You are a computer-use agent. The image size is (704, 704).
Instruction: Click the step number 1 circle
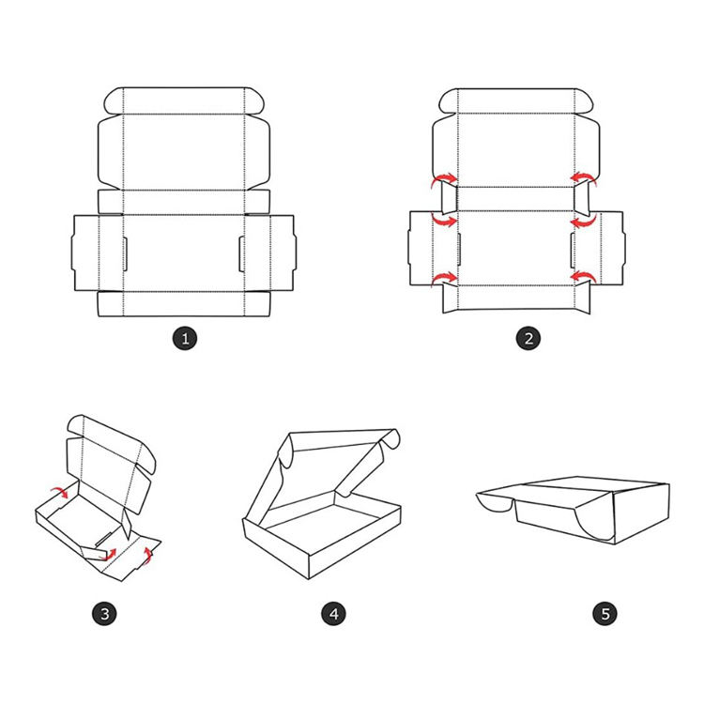185,338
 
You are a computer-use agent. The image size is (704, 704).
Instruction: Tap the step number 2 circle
528,338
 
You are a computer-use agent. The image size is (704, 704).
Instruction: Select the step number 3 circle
104,613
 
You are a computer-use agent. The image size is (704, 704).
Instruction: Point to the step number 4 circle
333,613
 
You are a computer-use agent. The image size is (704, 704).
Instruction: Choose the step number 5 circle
605,613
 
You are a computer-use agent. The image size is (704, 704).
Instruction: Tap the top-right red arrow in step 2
584,178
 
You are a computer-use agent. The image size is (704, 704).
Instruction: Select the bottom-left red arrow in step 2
443,279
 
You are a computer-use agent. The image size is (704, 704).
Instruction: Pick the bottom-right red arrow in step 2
584,278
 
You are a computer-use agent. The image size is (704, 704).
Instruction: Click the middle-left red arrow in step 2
444,221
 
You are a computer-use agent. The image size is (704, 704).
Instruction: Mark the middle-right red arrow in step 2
584,221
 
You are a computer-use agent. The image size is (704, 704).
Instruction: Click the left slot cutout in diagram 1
125,254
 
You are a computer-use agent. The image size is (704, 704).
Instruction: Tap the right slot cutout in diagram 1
241,254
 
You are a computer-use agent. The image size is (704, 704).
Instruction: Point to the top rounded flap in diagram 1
184,100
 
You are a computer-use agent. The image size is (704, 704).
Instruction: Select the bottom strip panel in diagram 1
184,304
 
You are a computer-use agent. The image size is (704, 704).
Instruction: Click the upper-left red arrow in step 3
60,492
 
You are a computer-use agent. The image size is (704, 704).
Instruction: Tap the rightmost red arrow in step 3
147,555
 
